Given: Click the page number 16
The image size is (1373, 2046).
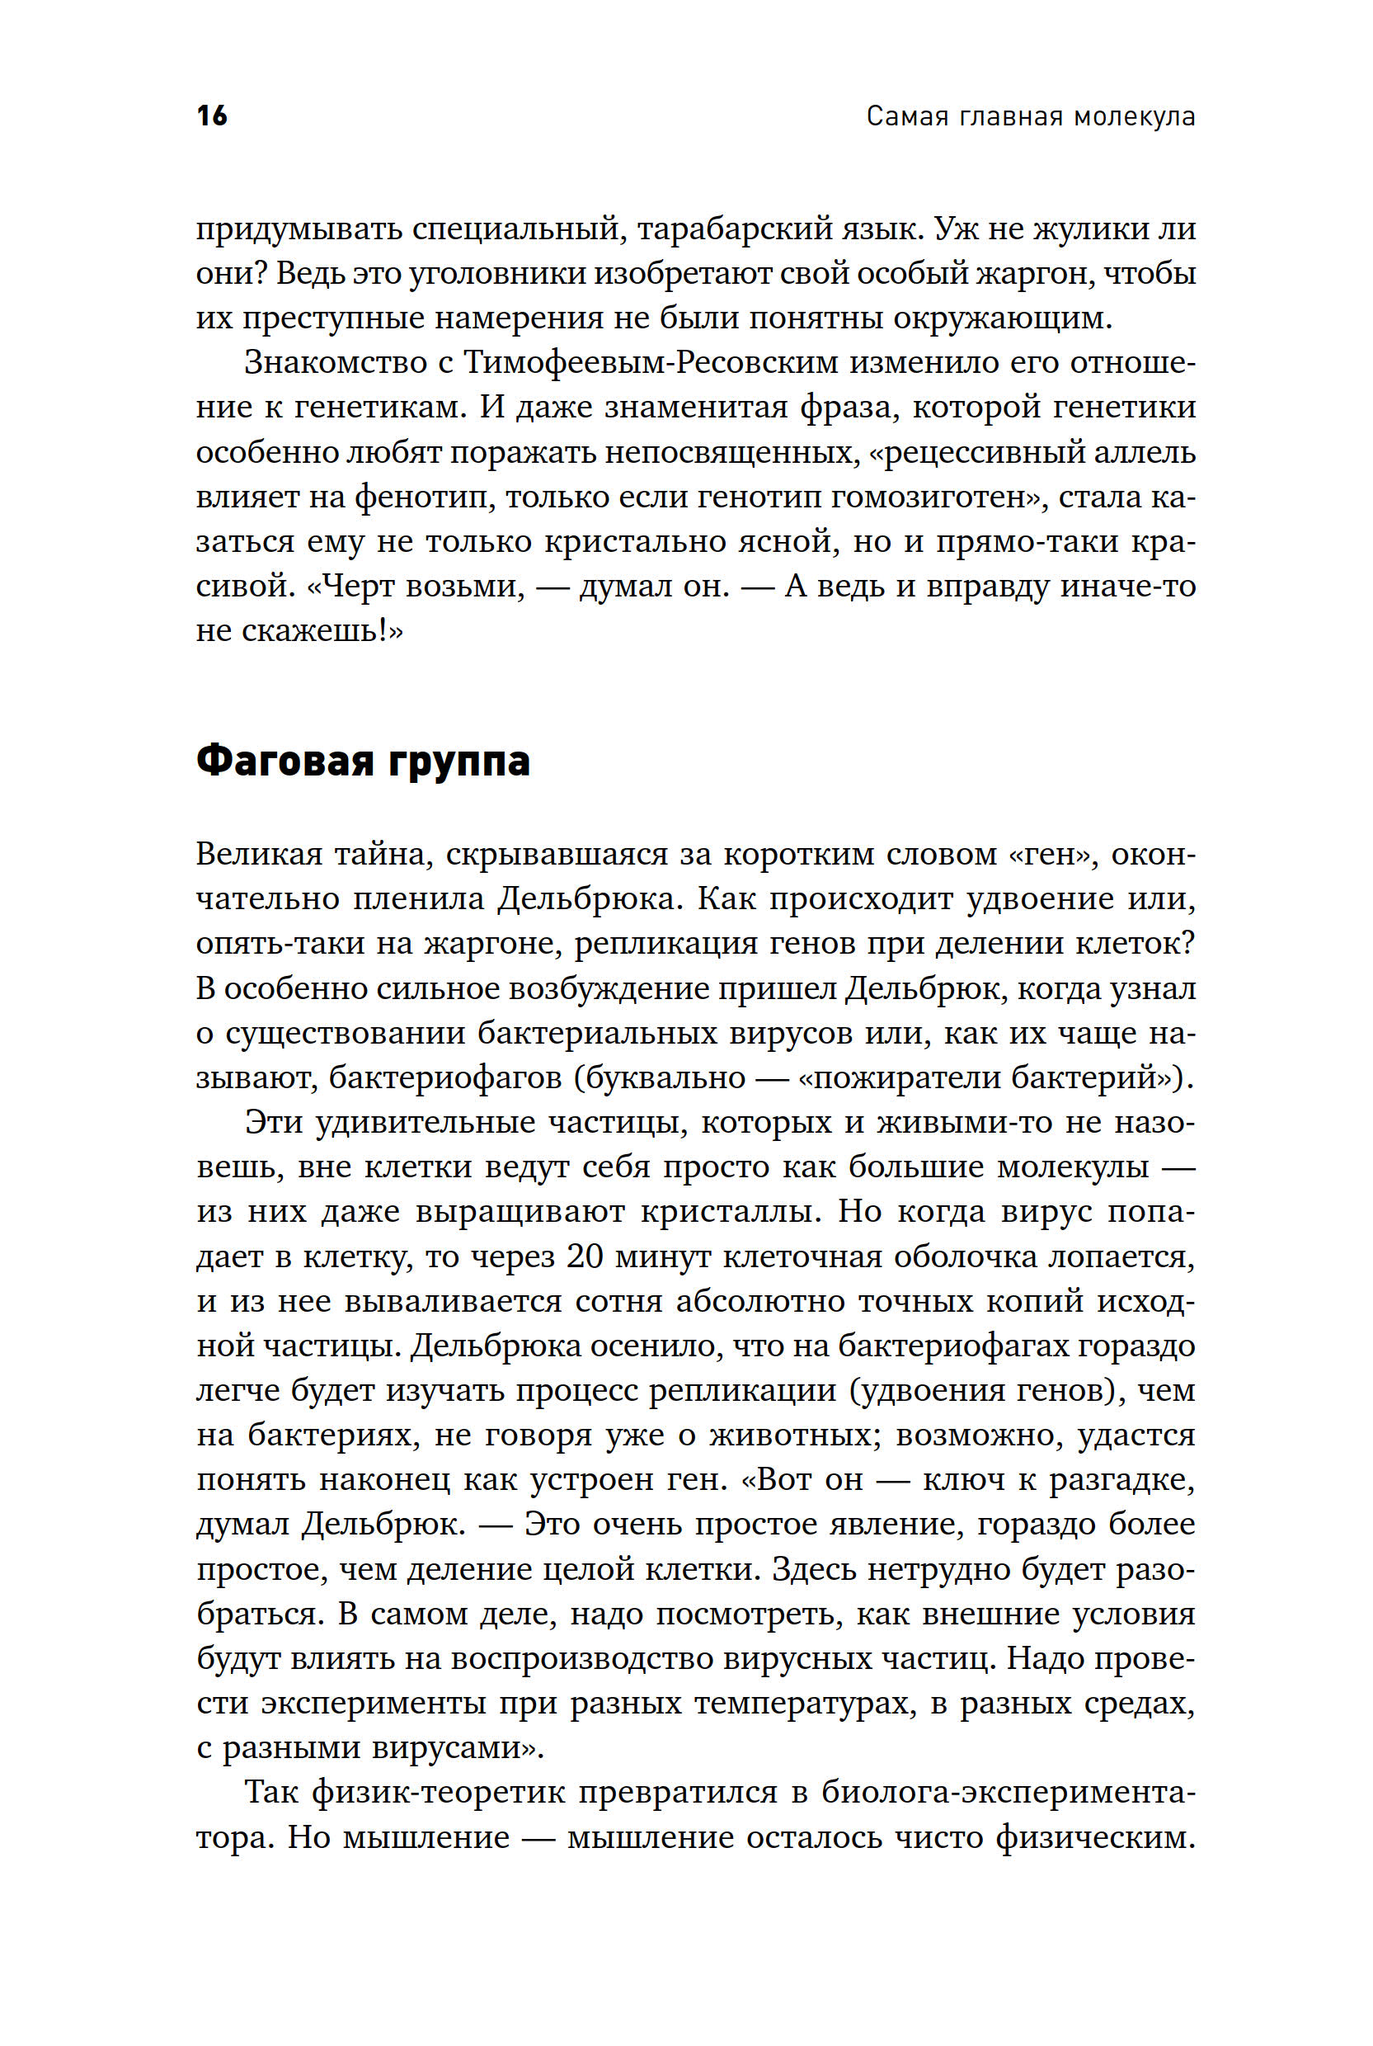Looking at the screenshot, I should [212, 115].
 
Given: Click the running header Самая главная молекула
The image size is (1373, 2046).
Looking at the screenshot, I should [1031, 116].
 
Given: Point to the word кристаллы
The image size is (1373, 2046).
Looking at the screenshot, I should [732, 1211].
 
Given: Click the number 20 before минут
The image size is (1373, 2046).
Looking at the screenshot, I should [585, 1256].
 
